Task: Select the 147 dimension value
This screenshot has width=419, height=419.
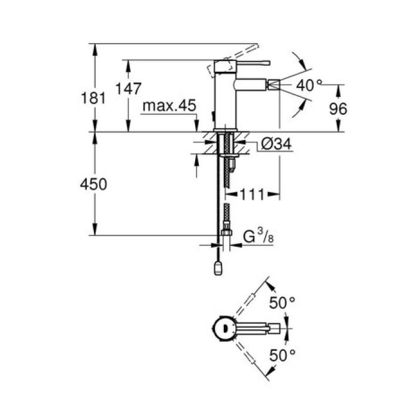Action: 128,89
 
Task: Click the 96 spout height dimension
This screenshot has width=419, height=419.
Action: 338,108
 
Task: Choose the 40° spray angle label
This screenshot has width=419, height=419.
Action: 309,85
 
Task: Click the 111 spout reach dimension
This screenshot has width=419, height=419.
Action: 252,194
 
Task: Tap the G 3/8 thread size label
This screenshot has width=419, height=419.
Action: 256,238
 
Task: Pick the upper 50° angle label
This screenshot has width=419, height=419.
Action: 283,304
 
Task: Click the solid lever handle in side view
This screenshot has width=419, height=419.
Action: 242,61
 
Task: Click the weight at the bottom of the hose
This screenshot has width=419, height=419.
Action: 218,268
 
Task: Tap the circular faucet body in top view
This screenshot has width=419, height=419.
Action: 223,327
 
